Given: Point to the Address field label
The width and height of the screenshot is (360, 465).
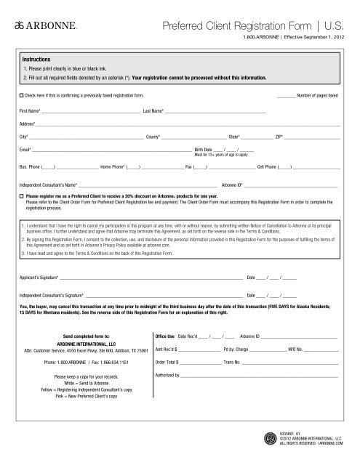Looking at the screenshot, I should coord(27,124).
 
